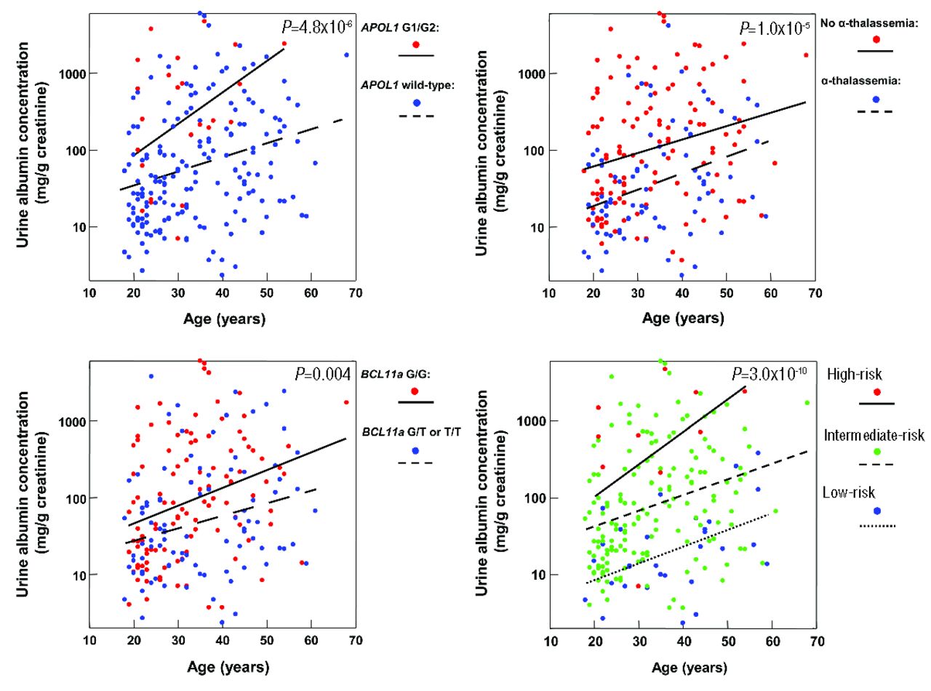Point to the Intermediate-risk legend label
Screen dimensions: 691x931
(x=874, y=436)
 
